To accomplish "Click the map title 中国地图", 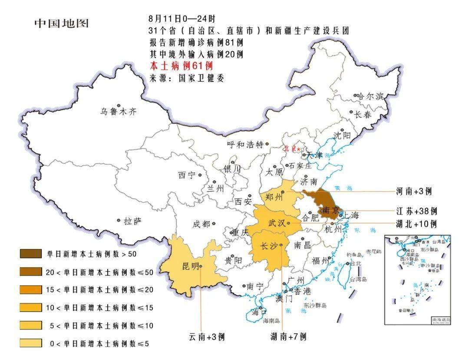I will pos(61,23).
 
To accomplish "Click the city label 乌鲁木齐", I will pos(119,112).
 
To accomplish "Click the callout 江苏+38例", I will pos(416,211).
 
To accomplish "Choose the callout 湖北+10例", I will pos(416,224).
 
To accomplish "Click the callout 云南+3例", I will pos(206,337).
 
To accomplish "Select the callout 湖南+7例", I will pos(288,337).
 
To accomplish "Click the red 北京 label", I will pos(290,149).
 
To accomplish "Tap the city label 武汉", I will pos(277,223).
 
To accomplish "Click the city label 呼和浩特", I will pos(245,145).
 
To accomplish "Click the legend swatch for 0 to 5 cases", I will pos(30,343).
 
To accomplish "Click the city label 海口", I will pos(259,311).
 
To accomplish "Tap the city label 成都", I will pos(201,224).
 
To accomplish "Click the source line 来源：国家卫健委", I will pos(187,78).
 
